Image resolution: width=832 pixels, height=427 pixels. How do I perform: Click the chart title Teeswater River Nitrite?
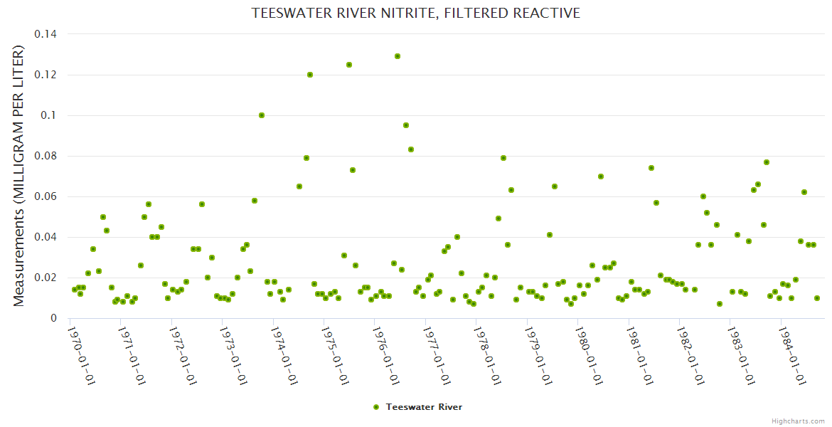point(416,13)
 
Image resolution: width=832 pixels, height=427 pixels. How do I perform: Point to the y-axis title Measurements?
point(19,176)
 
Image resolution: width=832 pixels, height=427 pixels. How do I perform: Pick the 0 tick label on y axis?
point(53,318)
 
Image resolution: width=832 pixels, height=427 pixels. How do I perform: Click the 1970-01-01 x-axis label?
point(82,355)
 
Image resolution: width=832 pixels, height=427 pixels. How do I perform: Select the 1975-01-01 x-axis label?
point(335,355)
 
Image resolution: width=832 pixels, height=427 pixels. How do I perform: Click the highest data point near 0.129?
point(398,56)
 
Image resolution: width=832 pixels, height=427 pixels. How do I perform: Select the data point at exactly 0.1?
point(262,115)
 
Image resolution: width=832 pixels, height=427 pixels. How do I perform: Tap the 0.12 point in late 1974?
point(310,75)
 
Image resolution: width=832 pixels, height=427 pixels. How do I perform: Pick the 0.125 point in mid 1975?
point(349,65)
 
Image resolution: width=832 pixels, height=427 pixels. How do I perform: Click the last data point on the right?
point(817,298)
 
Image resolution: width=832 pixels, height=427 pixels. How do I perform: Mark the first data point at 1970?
point(74,290)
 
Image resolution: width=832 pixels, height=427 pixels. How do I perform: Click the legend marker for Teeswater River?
point(376,407)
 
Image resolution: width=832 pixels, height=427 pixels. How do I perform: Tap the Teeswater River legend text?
point(424,407)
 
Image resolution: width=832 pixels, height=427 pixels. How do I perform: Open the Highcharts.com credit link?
point(798,421)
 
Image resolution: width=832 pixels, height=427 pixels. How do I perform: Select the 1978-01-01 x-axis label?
point(487,355)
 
